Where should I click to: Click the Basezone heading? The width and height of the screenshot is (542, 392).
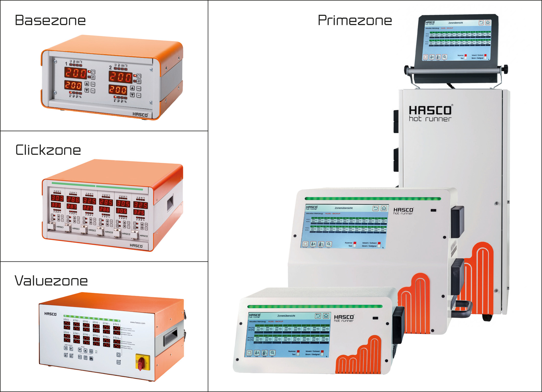[50, 21]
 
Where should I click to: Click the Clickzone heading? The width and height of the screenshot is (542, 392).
[48, 150]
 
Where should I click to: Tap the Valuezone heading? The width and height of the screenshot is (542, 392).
[51, 281]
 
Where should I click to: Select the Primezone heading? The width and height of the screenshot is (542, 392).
[355, 21]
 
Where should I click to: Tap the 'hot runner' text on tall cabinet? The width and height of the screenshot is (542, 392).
[430, 119]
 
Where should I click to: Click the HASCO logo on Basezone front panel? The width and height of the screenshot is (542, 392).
[140, 114]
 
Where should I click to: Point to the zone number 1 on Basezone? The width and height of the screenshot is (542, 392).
[66, 64]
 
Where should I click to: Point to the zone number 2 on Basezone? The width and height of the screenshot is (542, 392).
[110, 68]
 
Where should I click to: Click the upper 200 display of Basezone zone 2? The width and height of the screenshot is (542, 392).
[121, 77]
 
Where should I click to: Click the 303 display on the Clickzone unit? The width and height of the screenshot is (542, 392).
[57, 198]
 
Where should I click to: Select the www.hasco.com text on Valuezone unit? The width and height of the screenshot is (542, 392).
[138, 323]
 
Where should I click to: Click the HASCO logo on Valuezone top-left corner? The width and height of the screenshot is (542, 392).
[50, 314]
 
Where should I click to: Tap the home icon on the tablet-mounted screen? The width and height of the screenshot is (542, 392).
[488, 23]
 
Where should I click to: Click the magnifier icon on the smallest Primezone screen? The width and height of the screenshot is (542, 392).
[272, 353]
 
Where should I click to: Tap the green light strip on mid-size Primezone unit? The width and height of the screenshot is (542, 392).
[373, 199]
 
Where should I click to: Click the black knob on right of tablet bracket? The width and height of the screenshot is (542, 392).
[505, 68]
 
